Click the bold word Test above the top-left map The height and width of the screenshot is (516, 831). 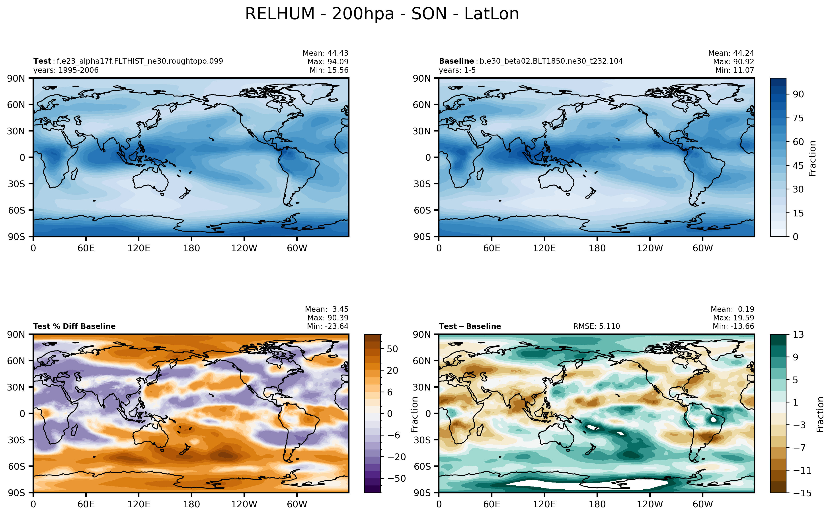42,61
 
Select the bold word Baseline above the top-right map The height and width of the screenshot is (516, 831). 456,61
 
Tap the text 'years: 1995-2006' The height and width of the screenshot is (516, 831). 66,70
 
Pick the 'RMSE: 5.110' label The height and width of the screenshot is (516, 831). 596,326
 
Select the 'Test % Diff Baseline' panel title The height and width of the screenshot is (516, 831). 74,326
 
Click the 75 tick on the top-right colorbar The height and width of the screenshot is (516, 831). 798,118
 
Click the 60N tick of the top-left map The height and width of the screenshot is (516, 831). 16,105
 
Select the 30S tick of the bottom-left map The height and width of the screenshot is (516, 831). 16,440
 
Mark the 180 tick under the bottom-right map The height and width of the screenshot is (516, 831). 597,504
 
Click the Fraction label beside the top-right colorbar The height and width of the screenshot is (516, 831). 813,158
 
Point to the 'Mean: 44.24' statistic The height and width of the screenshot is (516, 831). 731,53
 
